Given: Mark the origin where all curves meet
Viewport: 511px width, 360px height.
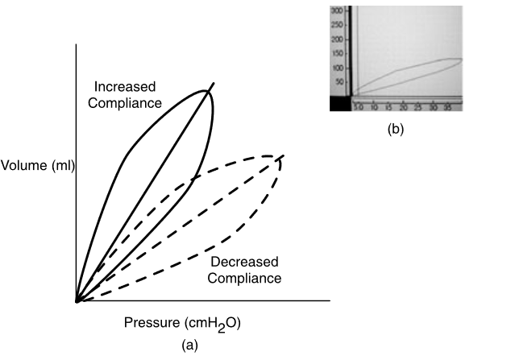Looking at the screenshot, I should pos(76,301).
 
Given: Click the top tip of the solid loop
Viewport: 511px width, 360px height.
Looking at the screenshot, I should pos(208,91).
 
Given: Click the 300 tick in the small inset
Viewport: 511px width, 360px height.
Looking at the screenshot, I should pos(338,11).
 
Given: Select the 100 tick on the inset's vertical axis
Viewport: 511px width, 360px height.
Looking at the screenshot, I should pos(338,68).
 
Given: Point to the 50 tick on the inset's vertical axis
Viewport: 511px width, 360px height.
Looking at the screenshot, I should pos(339,82).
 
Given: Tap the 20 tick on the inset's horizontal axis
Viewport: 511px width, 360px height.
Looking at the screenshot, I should pos(403,106).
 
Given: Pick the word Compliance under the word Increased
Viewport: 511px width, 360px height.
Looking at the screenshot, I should pos(128,102).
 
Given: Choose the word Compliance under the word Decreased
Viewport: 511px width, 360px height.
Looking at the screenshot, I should pos(245,278).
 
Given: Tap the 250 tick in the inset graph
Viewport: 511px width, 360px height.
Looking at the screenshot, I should pos(338,25).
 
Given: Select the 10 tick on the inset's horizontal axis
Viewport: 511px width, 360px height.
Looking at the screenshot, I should pos(374,106).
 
